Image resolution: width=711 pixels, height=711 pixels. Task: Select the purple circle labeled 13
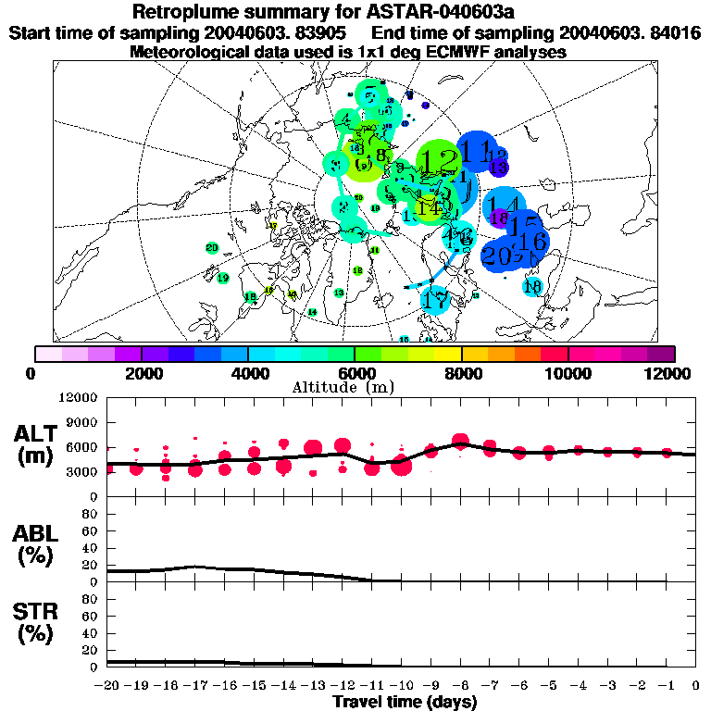coord(499,168)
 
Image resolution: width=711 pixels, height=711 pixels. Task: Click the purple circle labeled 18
coord(500,218)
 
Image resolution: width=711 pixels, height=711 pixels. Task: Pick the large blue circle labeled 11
coord(478,151)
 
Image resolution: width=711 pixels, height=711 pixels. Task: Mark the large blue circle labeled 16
coord(533,241)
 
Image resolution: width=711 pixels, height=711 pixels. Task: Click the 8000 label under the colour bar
coord(461,373)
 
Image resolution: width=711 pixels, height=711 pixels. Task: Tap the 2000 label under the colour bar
coord(140,373)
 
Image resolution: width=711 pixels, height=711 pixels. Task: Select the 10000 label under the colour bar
coord(568,373)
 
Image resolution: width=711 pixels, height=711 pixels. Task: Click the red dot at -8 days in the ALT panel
coord(461,443)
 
